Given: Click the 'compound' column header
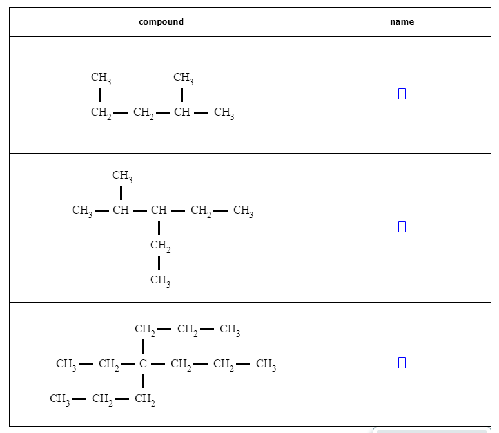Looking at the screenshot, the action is click(161, 22).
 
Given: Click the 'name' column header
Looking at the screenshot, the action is click(402, 22).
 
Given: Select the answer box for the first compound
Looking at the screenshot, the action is click(402, 94).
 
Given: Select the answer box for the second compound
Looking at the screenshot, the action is click(402, 227).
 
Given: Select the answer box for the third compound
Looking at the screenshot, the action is click(402, 363).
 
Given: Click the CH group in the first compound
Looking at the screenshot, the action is click(182, 113).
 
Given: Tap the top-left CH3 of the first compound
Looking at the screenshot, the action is click(101, 78).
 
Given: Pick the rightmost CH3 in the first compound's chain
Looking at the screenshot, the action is click(224, 114).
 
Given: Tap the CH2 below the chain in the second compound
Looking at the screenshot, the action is click(159, 245).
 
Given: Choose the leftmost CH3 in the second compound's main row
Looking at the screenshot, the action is click(82, 210).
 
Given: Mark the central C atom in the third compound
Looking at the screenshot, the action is click(143, 364).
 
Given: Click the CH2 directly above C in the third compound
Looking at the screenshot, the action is click(144, 330).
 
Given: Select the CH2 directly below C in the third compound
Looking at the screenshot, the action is click(144, 399).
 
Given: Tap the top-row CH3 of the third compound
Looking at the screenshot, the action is click(230, 330).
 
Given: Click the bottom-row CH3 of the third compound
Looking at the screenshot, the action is click(59, 399).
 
